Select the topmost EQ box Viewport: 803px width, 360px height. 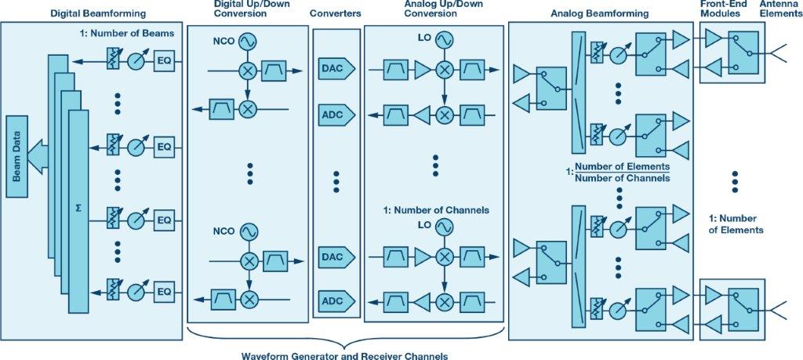pos(164,60)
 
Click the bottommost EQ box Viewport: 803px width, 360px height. pos(164,292)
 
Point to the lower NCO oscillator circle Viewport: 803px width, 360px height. pos(249,232)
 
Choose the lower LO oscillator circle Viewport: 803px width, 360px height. pos(445,227)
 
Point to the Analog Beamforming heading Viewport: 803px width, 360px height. pos(600,13)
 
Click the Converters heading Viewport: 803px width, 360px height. pos(336,14)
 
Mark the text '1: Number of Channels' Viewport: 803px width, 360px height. pos(436,210)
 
